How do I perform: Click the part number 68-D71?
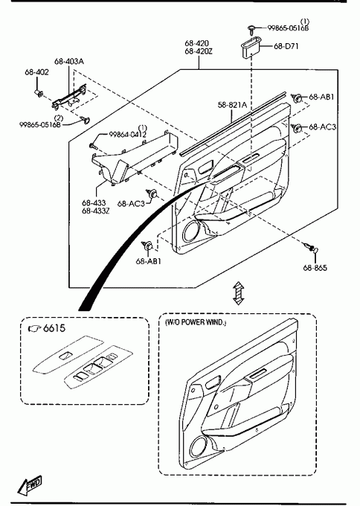[286, 46]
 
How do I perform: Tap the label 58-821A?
[232, 105]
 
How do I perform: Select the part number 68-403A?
[69, 61]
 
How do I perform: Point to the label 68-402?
[36, 72]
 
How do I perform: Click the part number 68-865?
[315, 268]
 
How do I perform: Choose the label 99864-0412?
[127, 135]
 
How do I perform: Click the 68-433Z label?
[95, 211]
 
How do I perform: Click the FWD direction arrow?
[30, 485]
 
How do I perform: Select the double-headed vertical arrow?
[239, 293]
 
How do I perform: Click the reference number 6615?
[54, 328]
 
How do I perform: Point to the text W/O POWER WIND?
[196, 322]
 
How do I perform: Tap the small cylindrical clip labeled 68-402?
[39, 93]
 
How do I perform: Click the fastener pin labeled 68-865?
[312, 248]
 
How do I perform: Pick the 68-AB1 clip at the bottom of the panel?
[147, 246]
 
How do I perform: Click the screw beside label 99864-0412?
[94, 146]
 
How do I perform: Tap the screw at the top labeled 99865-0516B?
[252, 30]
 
